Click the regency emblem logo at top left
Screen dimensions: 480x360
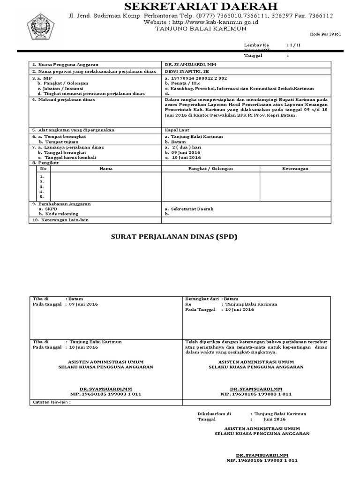(x=41, y=27)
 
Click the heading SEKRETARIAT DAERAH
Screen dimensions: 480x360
(x=201, y=6)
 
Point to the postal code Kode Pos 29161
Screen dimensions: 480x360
(x=325, y=34)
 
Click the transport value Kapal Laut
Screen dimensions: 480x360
(x=177, y=130)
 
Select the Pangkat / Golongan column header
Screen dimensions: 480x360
(x=210, y=168)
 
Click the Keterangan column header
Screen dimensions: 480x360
(x=295, y=168)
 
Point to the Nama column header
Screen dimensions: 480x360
(x=106, y=168)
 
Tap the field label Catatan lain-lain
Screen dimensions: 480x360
(x=52, y=402)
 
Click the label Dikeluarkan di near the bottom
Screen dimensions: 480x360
(x=215, y=414)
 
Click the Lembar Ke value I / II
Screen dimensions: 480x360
(x=295, y=45)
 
